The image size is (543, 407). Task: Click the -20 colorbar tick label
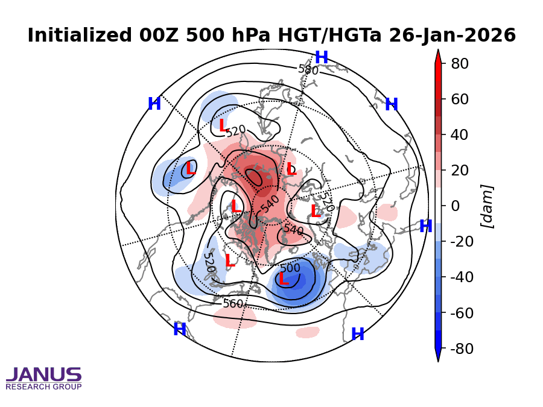click(457, 242)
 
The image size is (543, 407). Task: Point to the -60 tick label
click(457, 314)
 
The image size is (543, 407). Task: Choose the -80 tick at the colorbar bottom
click(457, 349)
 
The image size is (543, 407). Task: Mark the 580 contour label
click(308, 69)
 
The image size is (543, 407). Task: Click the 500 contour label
click(290, 268)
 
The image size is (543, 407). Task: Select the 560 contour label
click(233, 303)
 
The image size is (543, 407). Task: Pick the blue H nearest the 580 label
click(322, 58)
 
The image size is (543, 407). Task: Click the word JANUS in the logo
click(43, 374)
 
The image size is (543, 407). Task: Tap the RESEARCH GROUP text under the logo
click(43, 386)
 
